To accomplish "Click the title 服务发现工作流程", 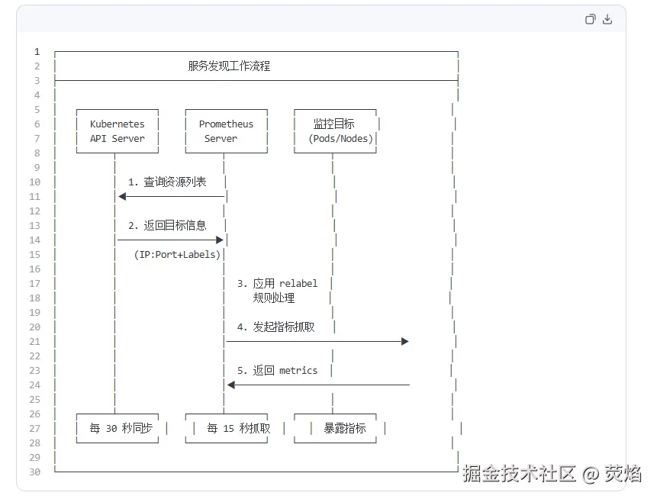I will pyautogui.click(x=229, y=66).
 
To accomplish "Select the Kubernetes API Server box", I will pyautogui.click(x=118, y=131).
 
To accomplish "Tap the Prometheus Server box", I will pyautogui.click(x=226, y=131).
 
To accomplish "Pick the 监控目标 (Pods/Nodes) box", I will pyautogui.click(x=336, y=131).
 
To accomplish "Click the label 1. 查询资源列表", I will pyautogui.click(x=167, y=182).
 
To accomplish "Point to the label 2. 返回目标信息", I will pyautogui.click(x=167, y=226).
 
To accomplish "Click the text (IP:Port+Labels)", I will pyautogui.click(x=177, y=255).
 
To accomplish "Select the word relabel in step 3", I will pyautogui.click(x=298, y=284).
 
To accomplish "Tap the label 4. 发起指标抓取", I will pyautogui.click(x=275, y=327).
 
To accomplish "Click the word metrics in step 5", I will pyautogui.click(x=298, y=371).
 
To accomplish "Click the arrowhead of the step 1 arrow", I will pyautogui.click(x=122, y=197).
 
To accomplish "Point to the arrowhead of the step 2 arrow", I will pyautogui.click(x=219, y=240).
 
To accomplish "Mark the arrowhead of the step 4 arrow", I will pyautogui.click(x=405, y=342).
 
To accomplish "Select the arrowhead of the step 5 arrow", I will pyautogui.click(x=231, y=385).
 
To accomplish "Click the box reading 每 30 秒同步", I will pyautogui.click(x=121, y=429).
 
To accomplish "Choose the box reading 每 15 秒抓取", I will pyautogui.click(x=238, y=429).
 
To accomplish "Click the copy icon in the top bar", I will pyautogui.click(x=590, y=20).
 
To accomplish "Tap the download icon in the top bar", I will pyautogui.click(x=607, y=20).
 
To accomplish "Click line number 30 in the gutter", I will pyautogui.click(x=36, y=472).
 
